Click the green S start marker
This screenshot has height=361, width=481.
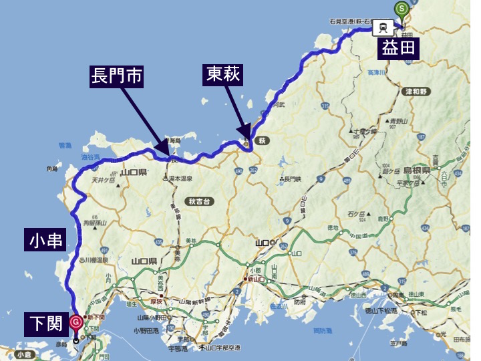[402, 9]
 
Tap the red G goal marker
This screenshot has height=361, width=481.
[75, 322]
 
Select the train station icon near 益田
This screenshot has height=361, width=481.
[383, 28]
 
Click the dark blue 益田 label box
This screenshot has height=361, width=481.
[399, 48]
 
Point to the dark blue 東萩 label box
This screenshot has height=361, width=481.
[221, 76]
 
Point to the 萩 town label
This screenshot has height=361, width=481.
[263, 141]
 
